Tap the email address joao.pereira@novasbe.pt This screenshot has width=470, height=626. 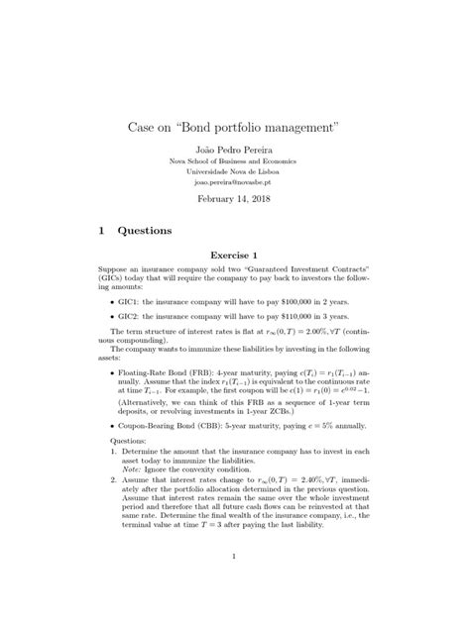234,182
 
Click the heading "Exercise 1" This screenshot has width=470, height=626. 234,255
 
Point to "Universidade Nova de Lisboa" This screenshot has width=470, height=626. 234,171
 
